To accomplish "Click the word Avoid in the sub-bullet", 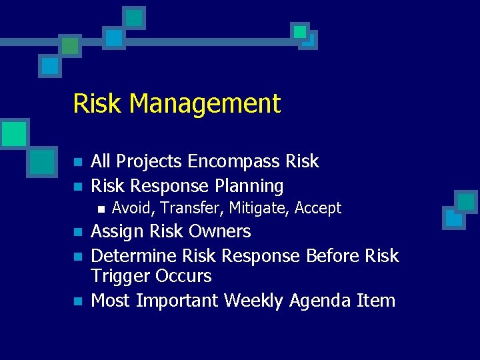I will tap(132, 209).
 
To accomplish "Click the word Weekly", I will tap(254, 301).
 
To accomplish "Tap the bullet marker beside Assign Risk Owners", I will tap(78, 233).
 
